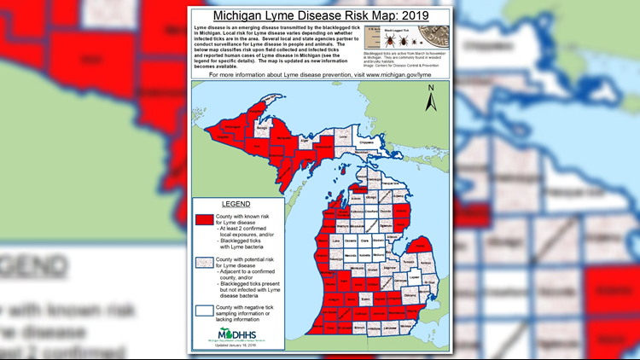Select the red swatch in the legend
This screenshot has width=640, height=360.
204,220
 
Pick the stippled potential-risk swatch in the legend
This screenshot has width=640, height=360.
204,263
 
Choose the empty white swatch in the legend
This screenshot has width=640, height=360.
204,309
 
